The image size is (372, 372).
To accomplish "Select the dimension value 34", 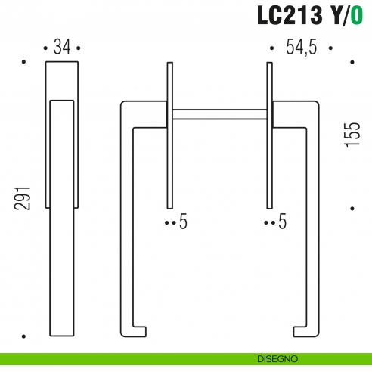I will [62, 48].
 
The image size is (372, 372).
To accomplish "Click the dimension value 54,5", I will [301, 48].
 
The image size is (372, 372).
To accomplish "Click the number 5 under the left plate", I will [184, 222].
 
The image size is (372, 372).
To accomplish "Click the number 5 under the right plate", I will [283, 222].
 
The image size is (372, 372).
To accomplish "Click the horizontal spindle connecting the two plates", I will [219, 115].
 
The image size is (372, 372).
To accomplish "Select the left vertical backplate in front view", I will [169, 136].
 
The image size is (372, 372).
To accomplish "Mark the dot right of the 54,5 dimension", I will [330, 48].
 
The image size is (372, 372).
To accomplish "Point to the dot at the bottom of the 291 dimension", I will [24, 336].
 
